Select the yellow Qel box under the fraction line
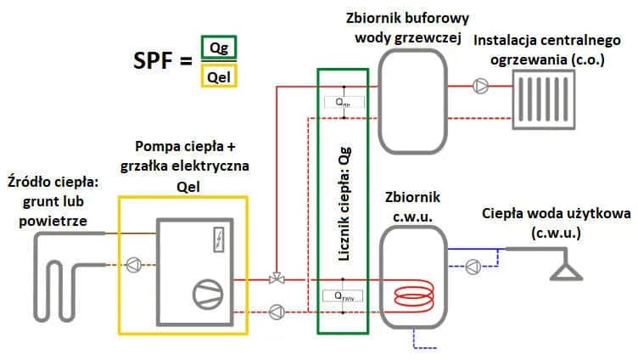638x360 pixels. pos(219,77)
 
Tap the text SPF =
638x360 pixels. pos(163,64)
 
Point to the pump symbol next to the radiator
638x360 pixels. pos(481,86)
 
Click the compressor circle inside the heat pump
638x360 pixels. pos(206,292)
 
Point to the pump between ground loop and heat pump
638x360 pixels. pos(134,265)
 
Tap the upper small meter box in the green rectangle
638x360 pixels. pos(343,101)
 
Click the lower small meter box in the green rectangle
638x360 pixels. pos(343,296)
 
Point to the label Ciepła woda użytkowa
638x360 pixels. pos(555,222)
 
